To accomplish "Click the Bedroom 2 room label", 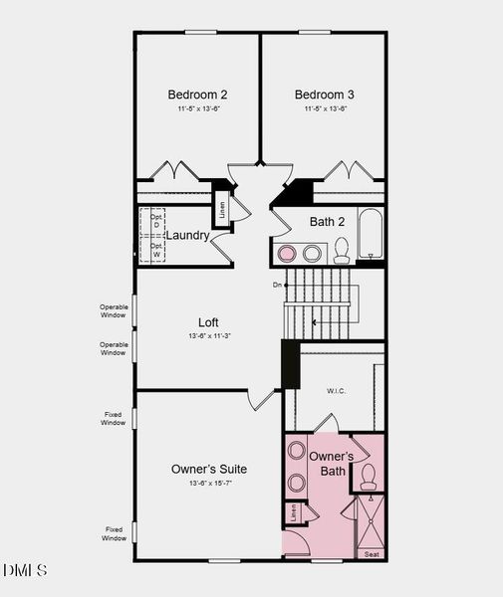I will [x=197, y=95].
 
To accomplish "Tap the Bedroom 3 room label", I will [x=324, y=95].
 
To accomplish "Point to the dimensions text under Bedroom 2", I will [x=197, y=109].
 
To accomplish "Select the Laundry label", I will [x=187, y=236].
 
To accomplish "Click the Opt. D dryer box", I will [x=156, y=220].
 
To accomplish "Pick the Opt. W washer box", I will [x=156, y=250].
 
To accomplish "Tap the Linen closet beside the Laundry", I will [x=221, y=210].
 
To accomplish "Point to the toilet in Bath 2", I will [x=341, y=249].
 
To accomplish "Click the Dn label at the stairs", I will [x=277, y=285].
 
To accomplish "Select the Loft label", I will [x=208, y=322].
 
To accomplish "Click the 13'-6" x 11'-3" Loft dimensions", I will [x=208, y=336].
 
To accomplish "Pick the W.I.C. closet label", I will [x=336, y=391].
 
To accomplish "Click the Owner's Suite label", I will [x=209, y=469].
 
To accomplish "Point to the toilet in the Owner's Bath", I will [x=367, y=476].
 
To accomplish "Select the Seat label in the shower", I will [x=372, y=553].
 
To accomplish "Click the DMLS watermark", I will [x=25, y=570].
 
